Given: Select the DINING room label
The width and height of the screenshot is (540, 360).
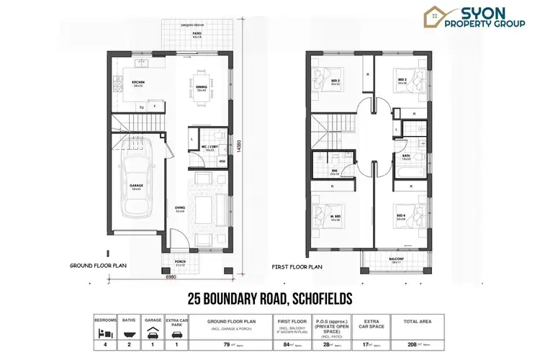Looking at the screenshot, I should pos(202,86).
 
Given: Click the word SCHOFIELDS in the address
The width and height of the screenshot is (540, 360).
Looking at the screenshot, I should pos(320,297).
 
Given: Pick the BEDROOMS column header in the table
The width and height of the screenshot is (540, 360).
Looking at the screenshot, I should pos(106,320).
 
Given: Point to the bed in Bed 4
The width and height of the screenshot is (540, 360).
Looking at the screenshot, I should pos(403,213).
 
